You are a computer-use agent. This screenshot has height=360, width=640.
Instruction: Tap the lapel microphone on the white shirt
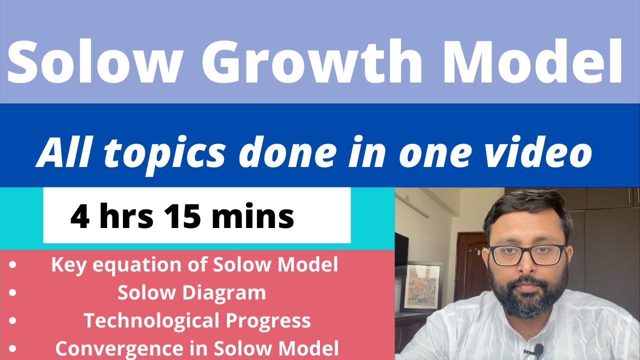pos(538,348)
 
